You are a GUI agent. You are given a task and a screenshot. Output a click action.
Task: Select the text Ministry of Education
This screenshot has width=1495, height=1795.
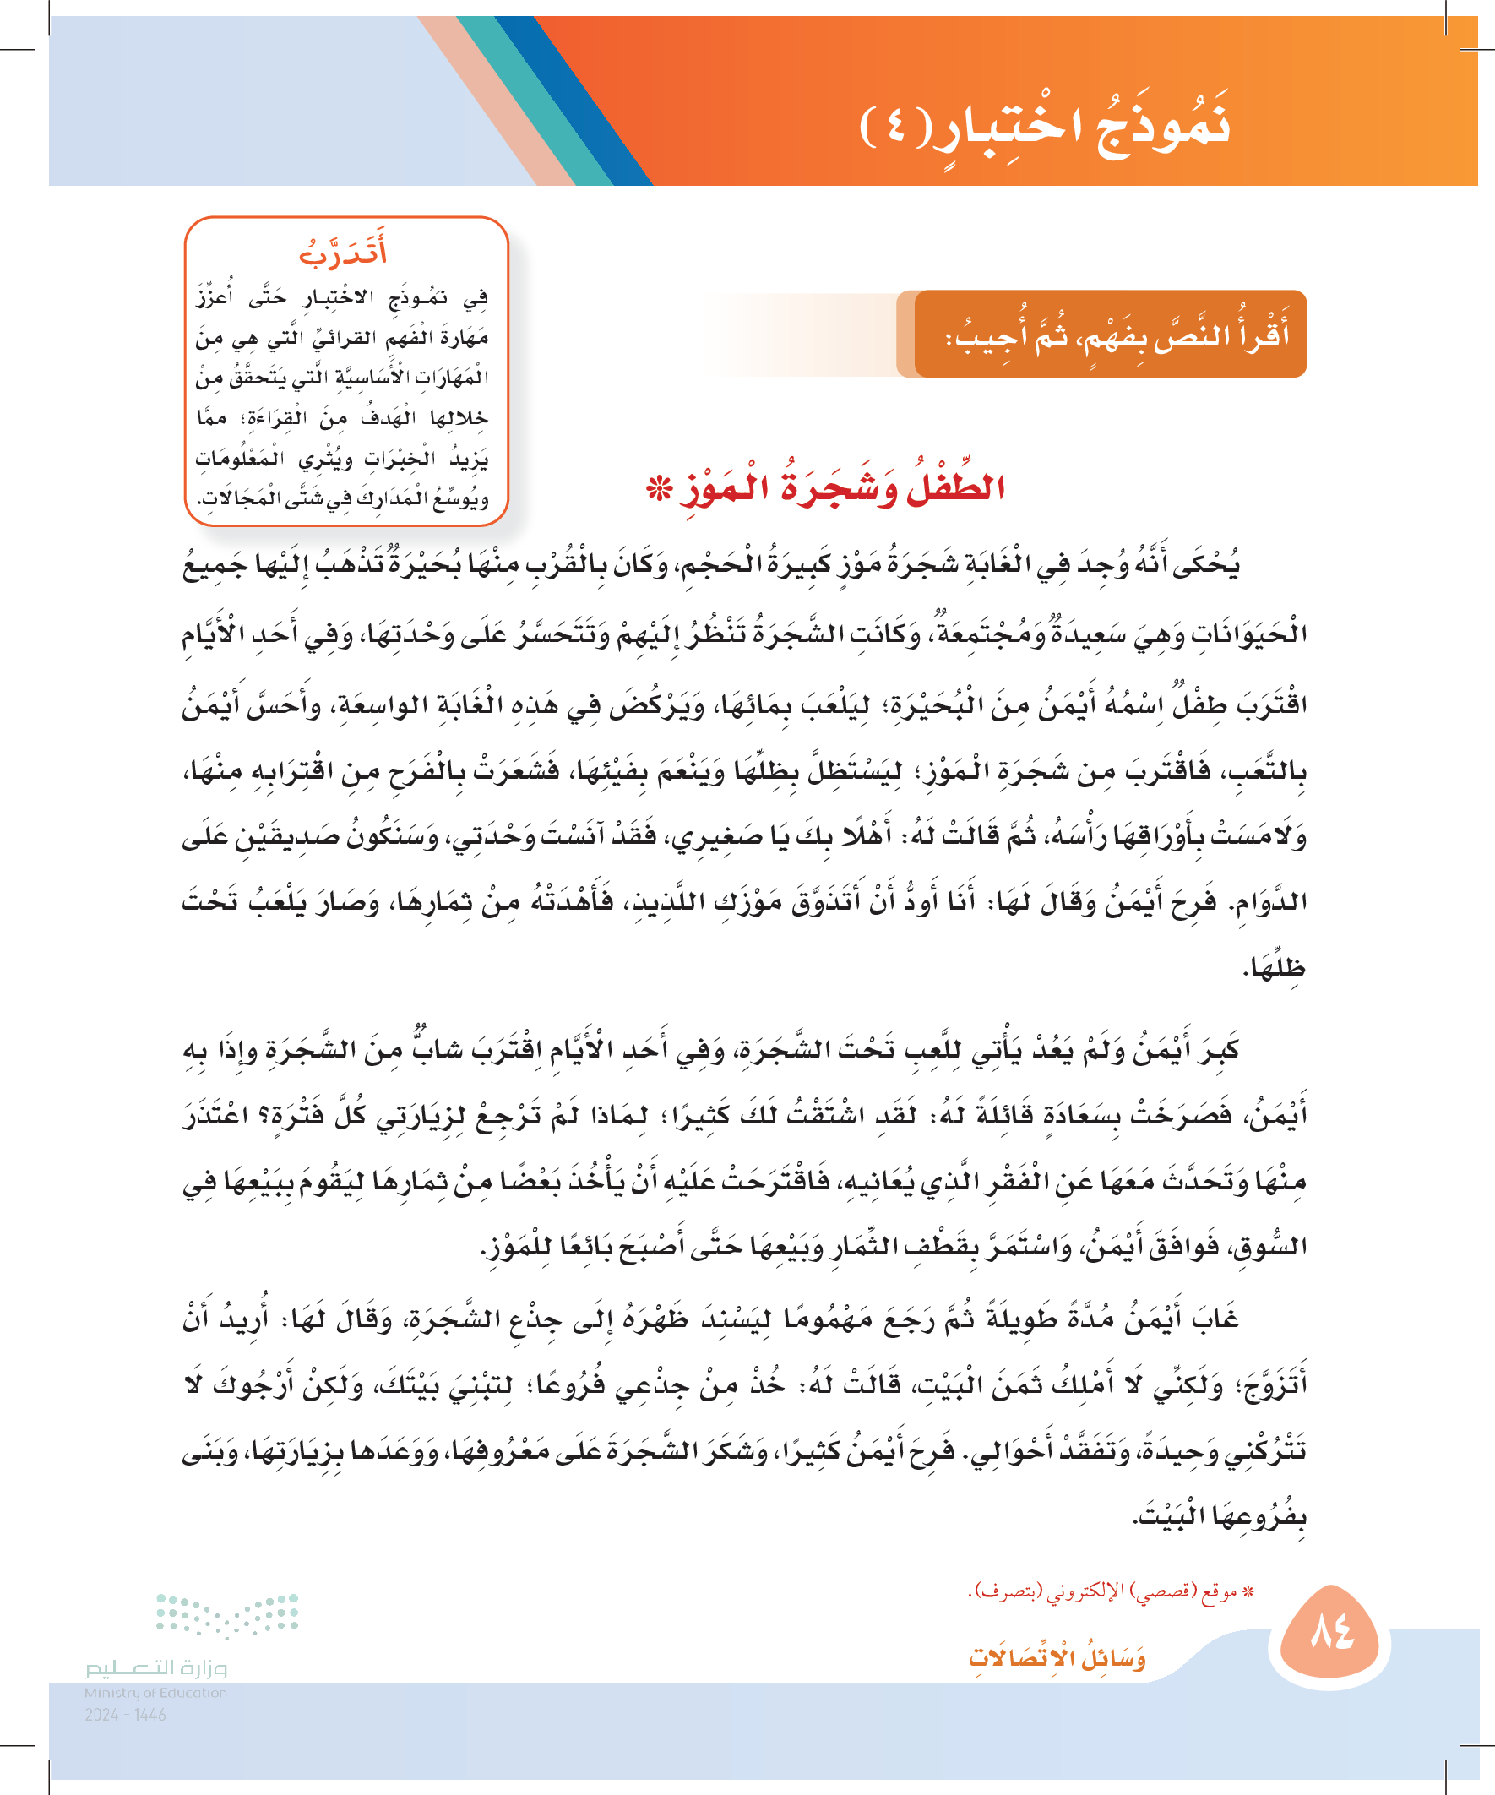click(x=155, y=1693)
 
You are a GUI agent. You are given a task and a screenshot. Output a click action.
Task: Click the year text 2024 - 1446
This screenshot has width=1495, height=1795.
click(x=125, y=1715)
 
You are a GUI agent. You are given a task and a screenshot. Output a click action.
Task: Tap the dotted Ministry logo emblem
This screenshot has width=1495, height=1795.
click(x=227, y=1614)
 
